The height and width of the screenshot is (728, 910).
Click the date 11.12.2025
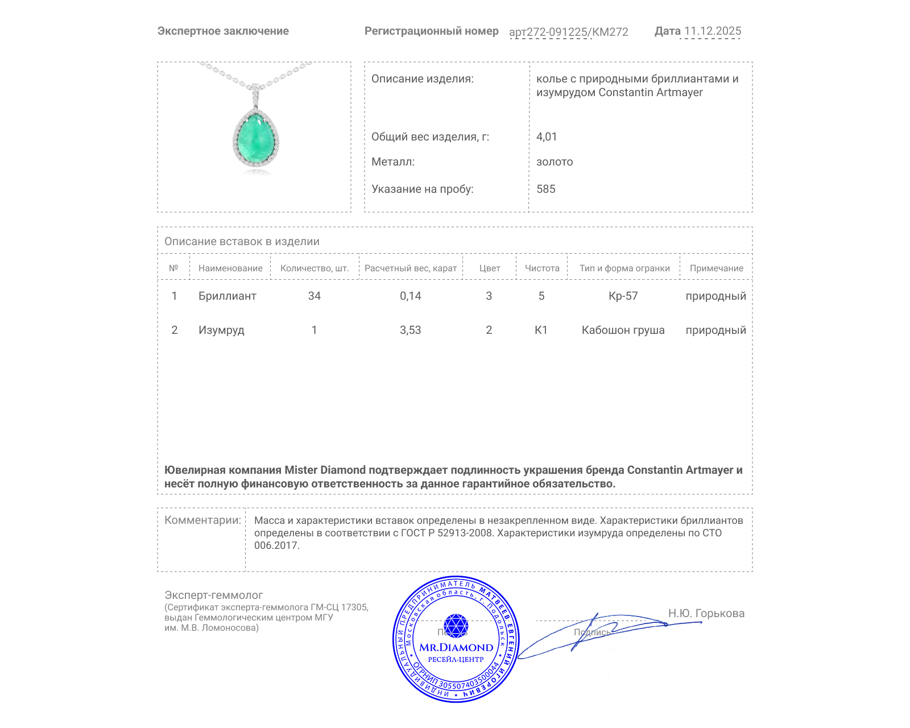(712, 31)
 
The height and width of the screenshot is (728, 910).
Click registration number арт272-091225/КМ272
(568, 32)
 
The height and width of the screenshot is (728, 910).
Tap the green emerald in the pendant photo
(256, 139)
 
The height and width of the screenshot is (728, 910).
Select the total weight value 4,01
(547, 136)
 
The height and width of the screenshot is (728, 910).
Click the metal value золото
(555, 162)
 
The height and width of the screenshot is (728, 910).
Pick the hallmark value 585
(545, 189)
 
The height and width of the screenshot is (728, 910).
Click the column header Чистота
(541, 268)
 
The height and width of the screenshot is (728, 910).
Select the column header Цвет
(489, 268)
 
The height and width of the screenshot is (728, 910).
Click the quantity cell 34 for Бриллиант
(314, 296)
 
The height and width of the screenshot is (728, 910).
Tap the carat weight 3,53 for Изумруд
(410, 330)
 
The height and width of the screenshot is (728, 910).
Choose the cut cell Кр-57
(623, 296)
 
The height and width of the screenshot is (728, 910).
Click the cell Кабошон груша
(623, 330)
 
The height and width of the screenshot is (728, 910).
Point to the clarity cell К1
(541, 330)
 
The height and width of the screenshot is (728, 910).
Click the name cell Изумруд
(221, 330)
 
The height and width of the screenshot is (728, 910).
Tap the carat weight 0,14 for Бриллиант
(410, 296)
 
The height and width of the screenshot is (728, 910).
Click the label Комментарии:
(202, 520)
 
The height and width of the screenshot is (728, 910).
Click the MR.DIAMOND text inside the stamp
(456, 647)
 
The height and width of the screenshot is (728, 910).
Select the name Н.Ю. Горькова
(706, 613)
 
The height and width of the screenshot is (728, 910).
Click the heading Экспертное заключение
(223, 31)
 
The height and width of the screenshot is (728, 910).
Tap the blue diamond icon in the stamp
(456, 626)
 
